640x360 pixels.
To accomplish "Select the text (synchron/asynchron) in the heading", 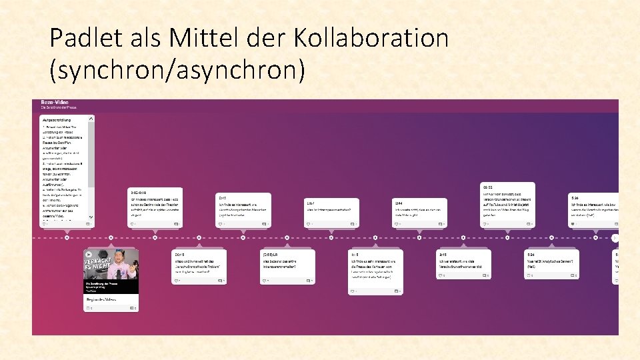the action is click(x=177, y=69).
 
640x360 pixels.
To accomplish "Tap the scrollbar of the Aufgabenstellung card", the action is click(x=91, y=153).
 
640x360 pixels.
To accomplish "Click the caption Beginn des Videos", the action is click(x=101, y=300).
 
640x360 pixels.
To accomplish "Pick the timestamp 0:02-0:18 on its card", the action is click(x=139, y=192).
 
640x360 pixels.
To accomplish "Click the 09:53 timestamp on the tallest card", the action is click(x=489, y=187).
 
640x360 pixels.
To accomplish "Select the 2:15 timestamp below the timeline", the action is click(x=443, y=255).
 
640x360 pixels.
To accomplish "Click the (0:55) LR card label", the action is click(x=271, y=255).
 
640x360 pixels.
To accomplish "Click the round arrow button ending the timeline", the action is click(x=615, y=238).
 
